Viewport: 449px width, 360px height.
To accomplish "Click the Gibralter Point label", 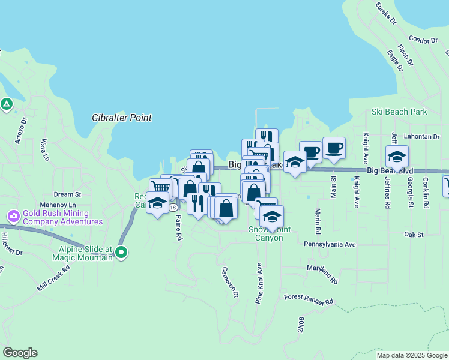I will pos(122,118).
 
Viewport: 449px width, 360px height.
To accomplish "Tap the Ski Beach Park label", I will pos(399,112).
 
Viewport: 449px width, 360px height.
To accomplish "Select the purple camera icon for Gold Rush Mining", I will pos(13,215).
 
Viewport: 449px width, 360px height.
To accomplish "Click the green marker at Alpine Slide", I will pos(121,253).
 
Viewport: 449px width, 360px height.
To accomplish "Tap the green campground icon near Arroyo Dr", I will pos(7,104).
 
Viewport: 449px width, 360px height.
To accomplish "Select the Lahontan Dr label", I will pos(422,136).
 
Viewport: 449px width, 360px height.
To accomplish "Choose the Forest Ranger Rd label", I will pos(309,299).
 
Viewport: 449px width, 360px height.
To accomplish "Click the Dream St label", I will pos(67,194).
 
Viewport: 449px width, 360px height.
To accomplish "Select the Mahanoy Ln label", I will pos(64,205).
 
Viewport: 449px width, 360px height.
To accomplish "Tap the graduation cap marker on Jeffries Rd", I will pos(397,157).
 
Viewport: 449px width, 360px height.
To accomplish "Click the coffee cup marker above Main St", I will pos(334,148).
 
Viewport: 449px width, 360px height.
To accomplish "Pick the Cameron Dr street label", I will pos(231,282).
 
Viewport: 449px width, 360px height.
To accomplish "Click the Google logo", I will pos(20,353).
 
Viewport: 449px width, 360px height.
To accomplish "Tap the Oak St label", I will pos(414,234).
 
